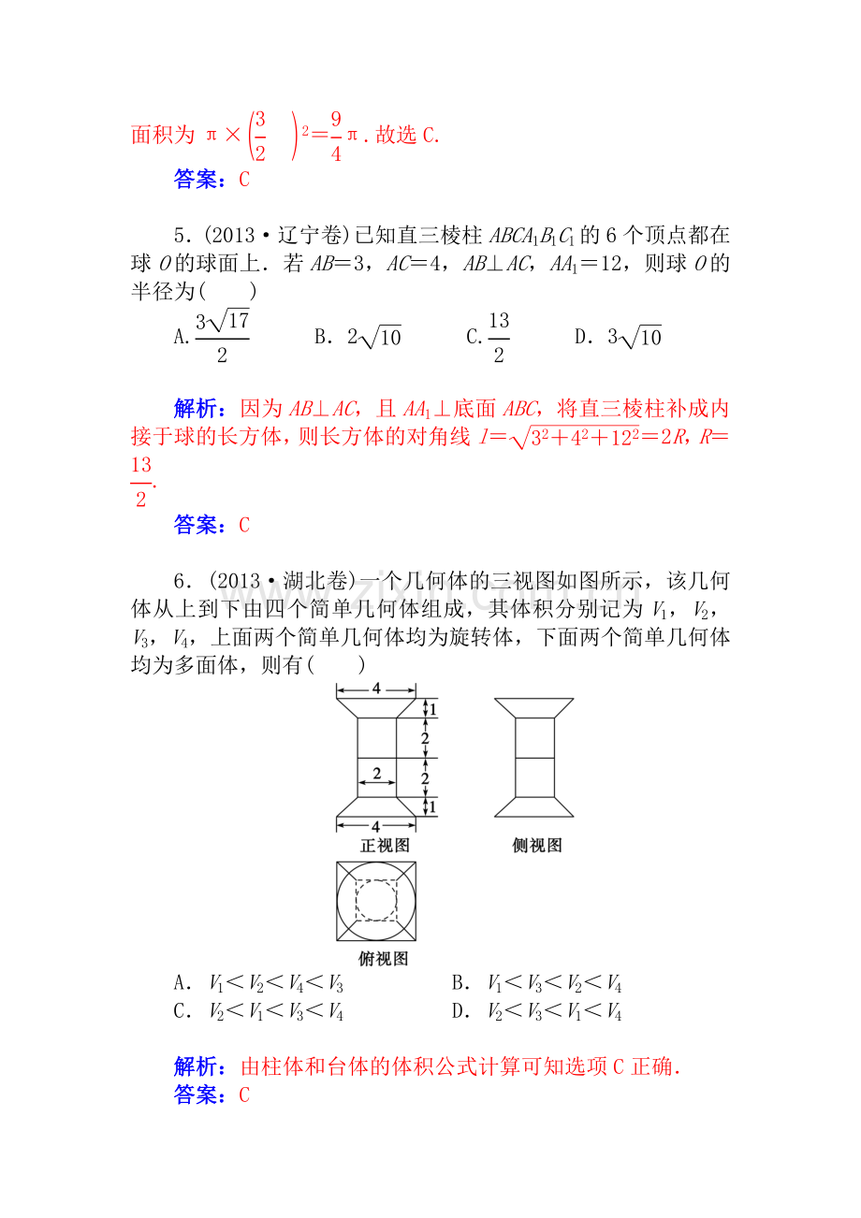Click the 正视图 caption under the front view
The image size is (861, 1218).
385,845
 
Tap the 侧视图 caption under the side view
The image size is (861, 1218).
537,845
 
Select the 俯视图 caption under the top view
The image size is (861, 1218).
383,973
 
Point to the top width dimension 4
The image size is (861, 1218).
376,689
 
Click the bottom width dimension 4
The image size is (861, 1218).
376,827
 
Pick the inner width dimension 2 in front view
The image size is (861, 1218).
377,773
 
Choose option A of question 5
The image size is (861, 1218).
212,337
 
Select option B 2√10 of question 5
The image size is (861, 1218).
358,337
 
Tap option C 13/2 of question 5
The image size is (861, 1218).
488,337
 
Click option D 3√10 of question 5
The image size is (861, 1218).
618,337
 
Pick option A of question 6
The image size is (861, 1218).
258,997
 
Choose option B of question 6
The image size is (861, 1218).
536,997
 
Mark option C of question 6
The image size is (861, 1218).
258,1025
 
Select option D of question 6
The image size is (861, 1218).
536,1025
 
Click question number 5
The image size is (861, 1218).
182,236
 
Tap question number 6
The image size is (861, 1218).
182,581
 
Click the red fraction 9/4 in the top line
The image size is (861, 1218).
336,136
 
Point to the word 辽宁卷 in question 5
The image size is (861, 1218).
310,236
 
